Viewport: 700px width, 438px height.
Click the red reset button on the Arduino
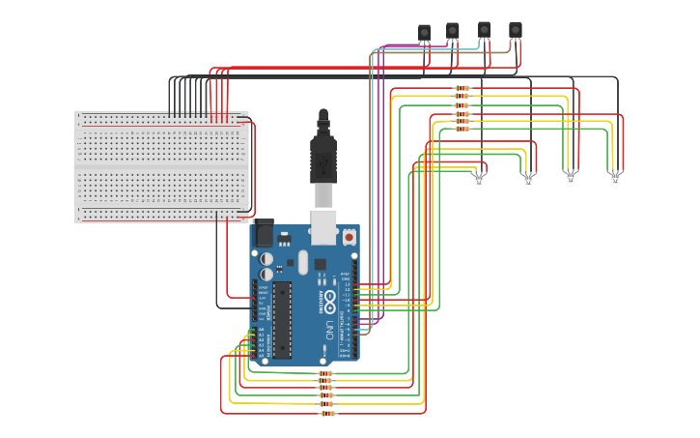click(348, 236)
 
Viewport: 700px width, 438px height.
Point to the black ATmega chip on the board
click(281, 319)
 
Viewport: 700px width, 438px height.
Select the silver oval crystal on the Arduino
click(302, 262)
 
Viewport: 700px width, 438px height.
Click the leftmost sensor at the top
click(424, 33)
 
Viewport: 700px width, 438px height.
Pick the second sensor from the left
click(452, 31)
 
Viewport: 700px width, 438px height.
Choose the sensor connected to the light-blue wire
click(484, 30)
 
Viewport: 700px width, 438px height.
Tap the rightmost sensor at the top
click(515, 30)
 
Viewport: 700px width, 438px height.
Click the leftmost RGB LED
click(479, 181)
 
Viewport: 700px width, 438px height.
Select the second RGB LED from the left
click(528, 181)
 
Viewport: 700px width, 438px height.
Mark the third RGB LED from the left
click(570, 180)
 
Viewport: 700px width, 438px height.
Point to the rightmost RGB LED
click(615, 180)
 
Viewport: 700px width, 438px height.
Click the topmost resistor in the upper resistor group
click(462, 88)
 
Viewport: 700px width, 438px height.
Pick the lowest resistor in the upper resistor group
click(462, 129)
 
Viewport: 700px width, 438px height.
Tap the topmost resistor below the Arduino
click(325, 373)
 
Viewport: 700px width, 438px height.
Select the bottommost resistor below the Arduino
click(327, 414)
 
